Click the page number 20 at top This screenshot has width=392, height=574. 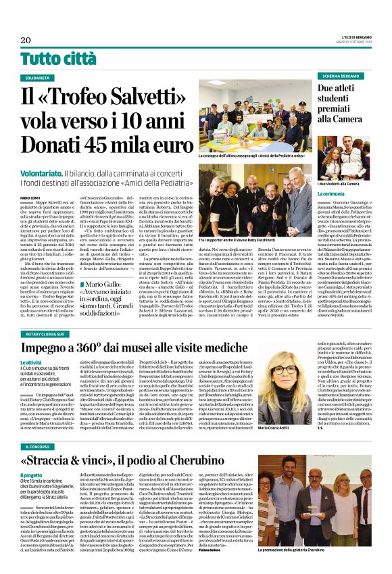pos(25,40)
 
